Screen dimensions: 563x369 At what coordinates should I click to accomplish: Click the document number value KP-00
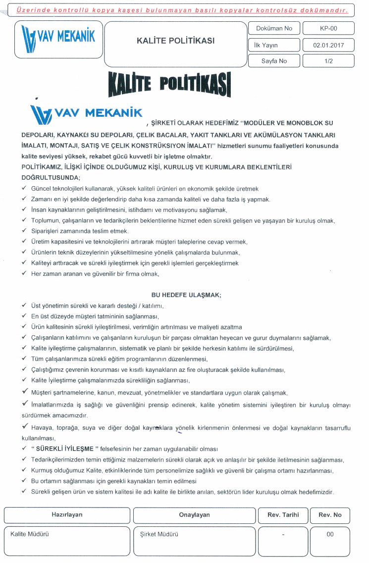coord(328,28)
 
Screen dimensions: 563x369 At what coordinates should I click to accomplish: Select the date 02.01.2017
coord(328,45)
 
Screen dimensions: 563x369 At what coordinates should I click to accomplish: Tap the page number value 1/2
coord(328,61)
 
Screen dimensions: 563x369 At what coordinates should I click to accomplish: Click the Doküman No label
coord(274,28)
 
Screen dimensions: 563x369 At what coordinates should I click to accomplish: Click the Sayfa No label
coord(274,61)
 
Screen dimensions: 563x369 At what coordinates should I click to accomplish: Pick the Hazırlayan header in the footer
coord(67,515)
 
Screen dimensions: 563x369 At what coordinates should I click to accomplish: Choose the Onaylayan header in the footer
coord(194,515)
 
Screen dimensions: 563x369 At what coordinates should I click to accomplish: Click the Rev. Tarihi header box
coord(283,515)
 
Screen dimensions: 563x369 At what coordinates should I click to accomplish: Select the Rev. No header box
coord(330,515)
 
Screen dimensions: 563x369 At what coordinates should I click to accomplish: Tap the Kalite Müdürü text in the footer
coord(30,534)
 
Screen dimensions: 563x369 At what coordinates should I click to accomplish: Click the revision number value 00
coord(330,534)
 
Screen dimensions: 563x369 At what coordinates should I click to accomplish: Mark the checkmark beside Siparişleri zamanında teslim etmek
coord(24,231)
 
